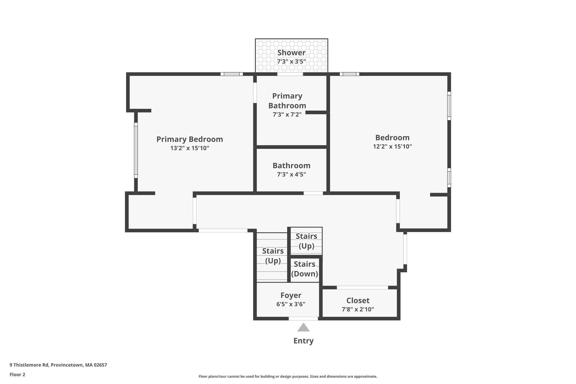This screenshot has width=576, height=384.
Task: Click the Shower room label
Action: click(291, 53)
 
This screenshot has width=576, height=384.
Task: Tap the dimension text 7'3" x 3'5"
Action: click(291, 62)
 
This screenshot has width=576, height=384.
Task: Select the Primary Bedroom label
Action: click(190, 139)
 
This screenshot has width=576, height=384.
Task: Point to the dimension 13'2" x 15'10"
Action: click(190, 148)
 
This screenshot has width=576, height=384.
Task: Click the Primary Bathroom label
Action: click(287, 101)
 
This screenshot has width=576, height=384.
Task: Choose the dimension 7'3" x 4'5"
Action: click(291, 174)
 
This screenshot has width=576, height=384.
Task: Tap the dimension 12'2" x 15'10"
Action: click(392, 147)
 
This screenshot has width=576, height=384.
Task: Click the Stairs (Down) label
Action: click(305, 269)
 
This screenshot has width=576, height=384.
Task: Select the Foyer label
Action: click(291, 295)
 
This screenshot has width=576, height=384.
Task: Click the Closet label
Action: click(358, 300)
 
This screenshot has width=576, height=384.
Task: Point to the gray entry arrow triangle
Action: click(303, 328)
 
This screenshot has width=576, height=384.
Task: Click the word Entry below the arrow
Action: click(303, 341)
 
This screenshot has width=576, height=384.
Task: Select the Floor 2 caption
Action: click(17, 374)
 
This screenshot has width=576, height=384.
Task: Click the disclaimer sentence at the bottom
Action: click(288, 376)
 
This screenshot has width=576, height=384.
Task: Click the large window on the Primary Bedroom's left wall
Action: click(136, 150)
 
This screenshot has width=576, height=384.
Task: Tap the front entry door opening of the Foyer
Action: click(303, 318)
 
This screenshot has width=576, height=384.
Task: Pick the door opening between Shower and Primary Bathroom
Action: click(290, 74)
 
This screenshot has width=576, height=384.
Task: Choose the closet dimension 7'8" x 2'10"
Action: click(358, 309)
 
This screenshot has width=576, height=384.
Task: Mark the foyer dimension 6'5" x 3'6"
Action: click(291, 304)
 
